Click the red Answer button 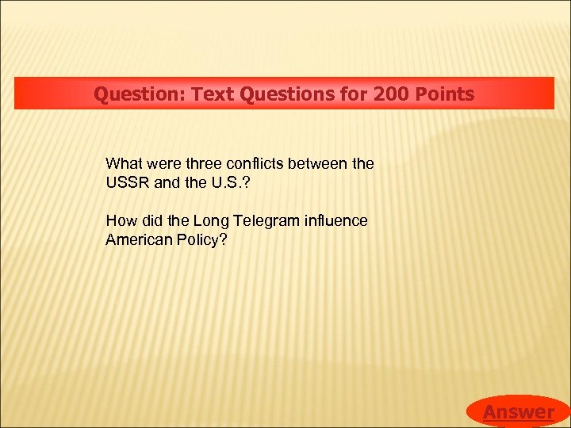click(x=519, y=411)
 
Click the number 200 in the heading click(x=389, y=94)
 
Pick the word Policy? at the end click(x=201, y=239)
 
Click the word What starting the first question click(x=124, y=164)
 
